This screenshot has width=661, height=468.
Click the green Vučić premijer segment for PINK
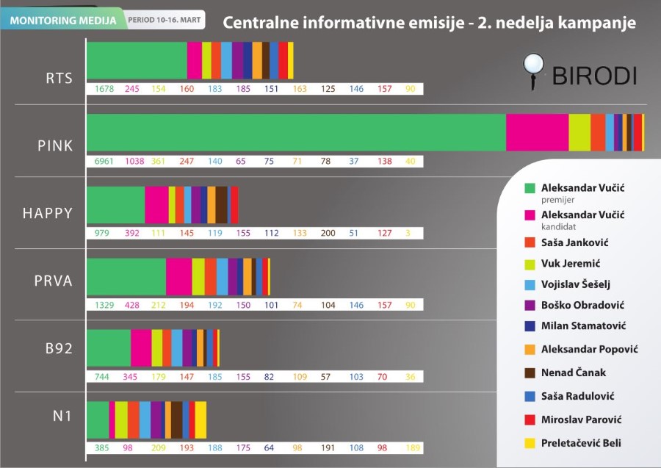coord(296,132)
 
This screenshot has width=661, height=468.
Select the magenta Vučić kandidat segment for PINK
coord(537,132)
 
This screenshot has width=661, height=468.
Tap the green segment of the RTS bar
coord(137,60)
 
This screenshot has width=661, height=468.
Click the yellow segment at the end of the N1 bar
coord(201,420)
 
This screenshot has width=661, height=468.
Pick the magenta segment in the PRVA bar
coord(178,276)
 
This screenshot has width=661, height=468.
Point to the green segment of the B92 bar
coord(109,348)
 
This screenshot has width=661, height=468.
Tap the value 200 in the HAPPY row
coord(328,233)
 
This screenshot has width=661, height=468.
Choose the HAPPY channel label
coord(48,213)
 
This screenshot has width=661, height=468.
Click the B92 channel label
coord(57,348)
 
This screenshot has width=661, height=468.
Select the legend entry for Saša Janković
coord(574,242)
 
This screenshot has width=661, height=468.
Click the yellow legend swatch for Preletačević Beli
coord(529,443)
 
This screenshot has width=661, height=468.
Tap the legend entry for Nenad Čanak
coord(573,372)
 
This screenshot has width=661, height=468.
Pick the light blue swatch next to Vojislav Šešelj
coord(529,284)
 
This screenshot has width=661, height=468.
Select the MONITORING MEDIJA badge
coord(62,20)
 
